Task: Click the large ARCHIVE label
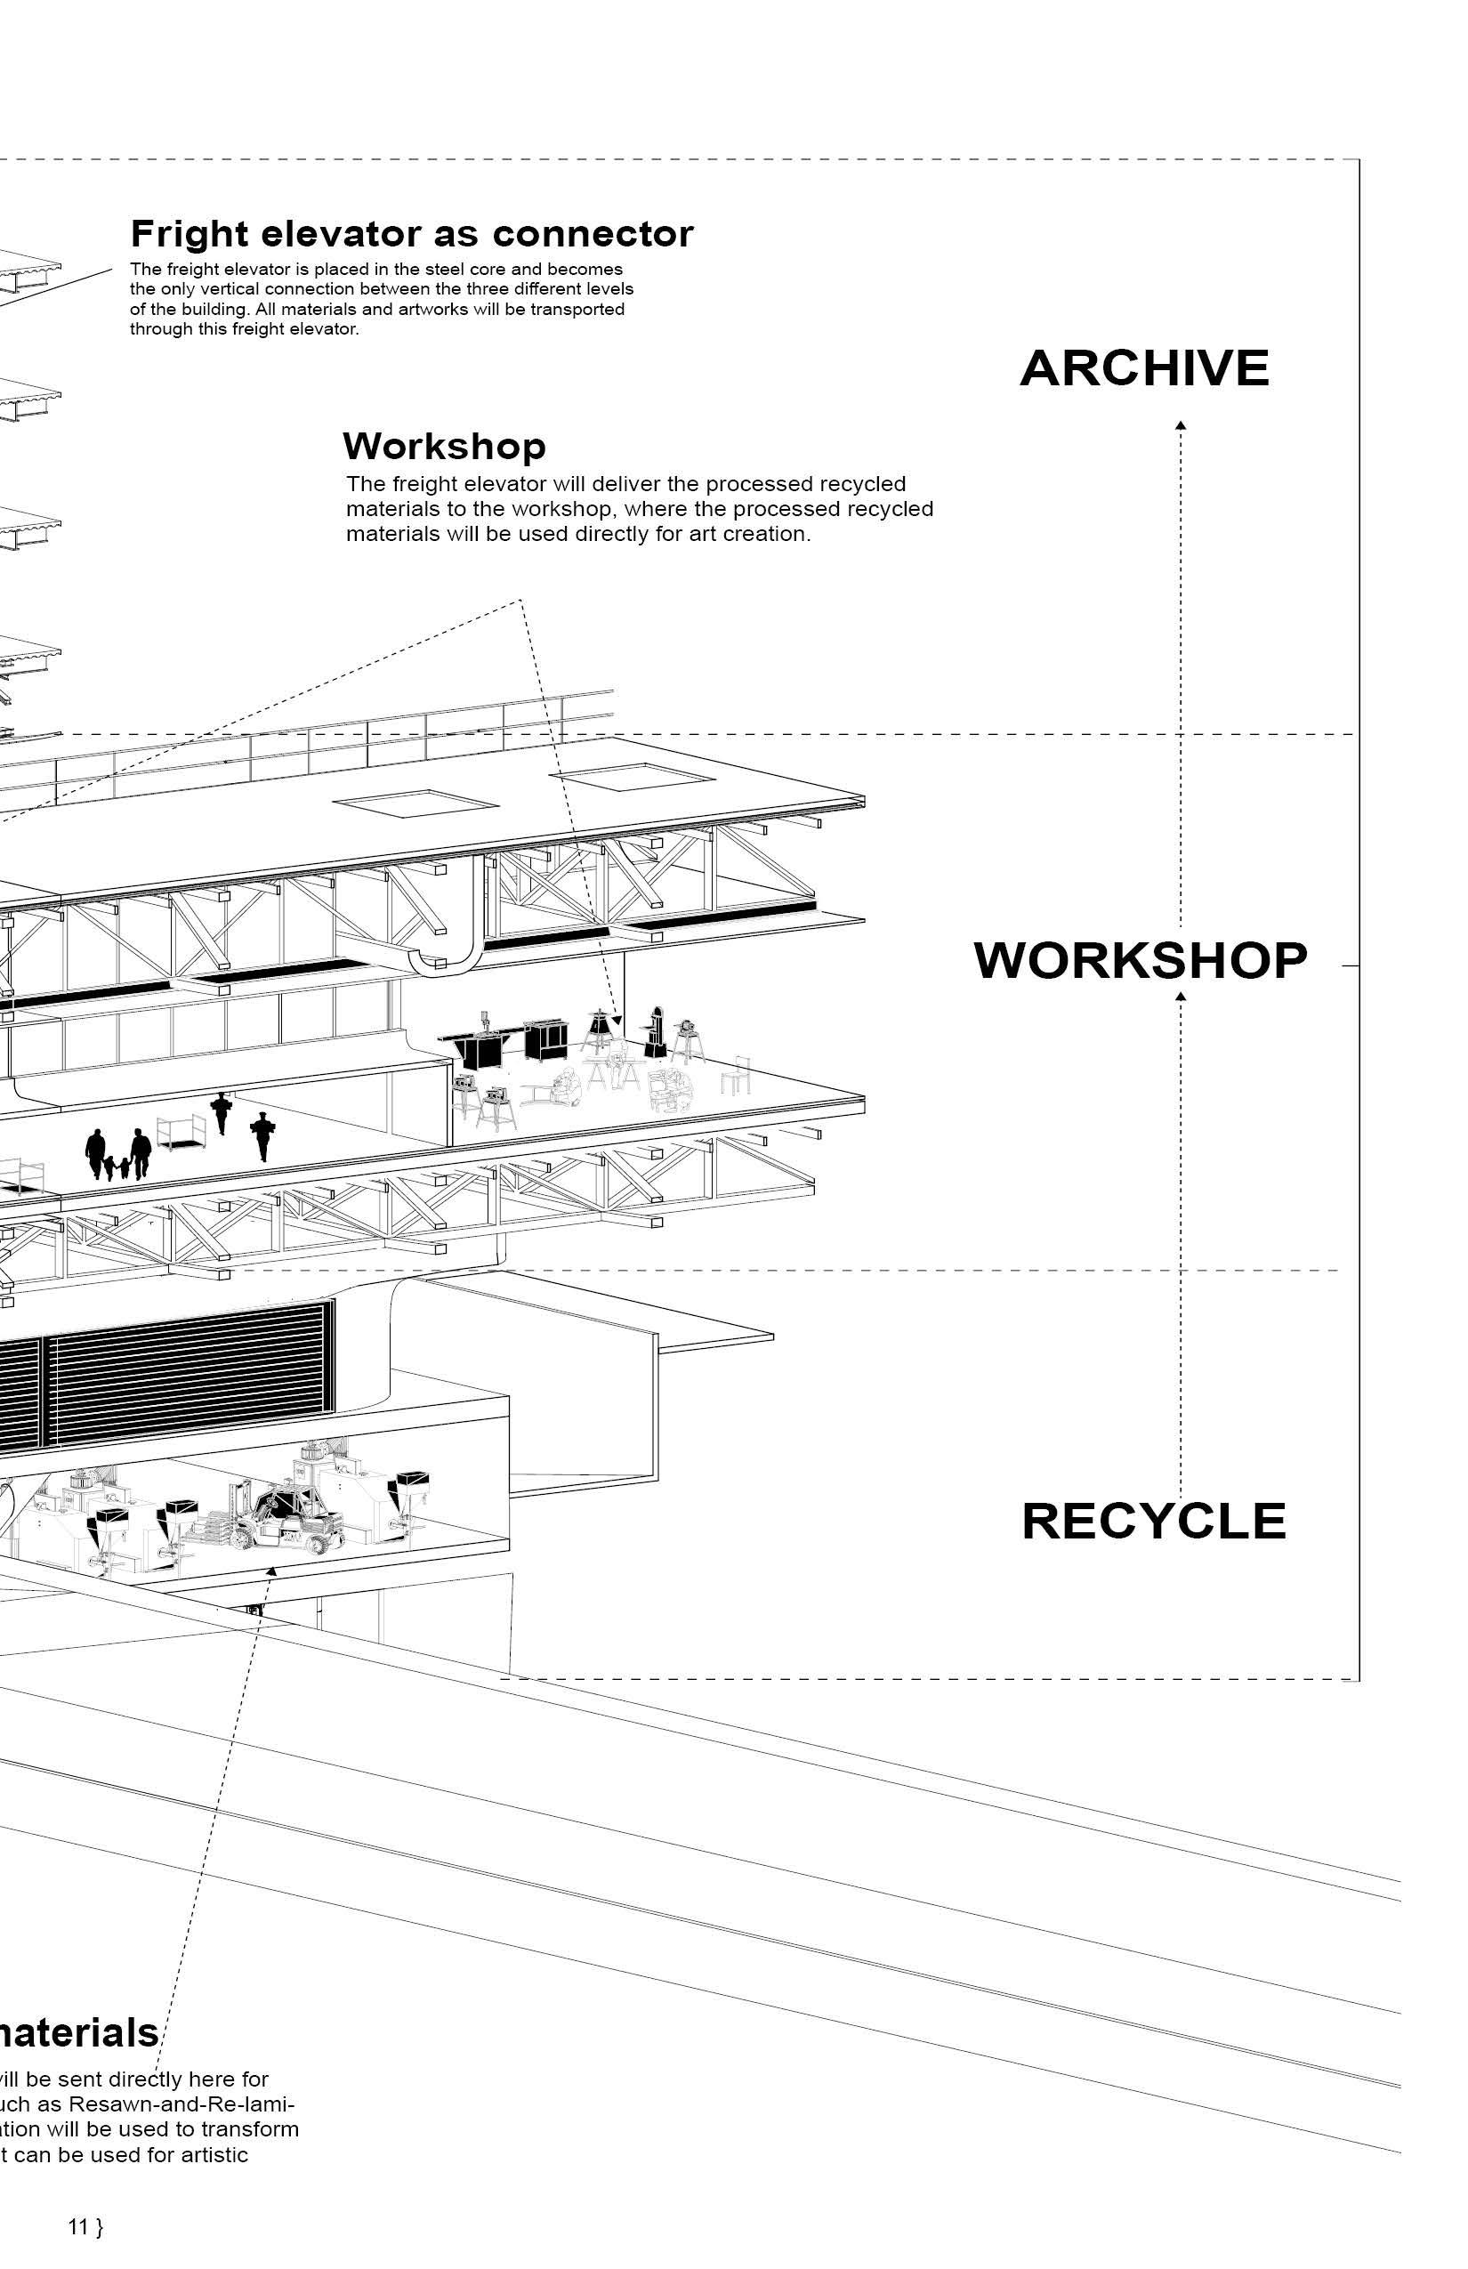click(x=1144, y=368)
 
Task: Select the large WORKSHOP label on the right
click(x=1140, y=960)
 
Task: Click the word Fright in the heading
click(x=190, y=233)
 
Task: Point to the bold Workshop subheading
click(x=443, y=446)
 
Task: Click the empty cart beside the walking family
click(x=181, y=1134)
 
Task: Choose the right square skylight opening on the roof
click(x=633, y=776)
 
